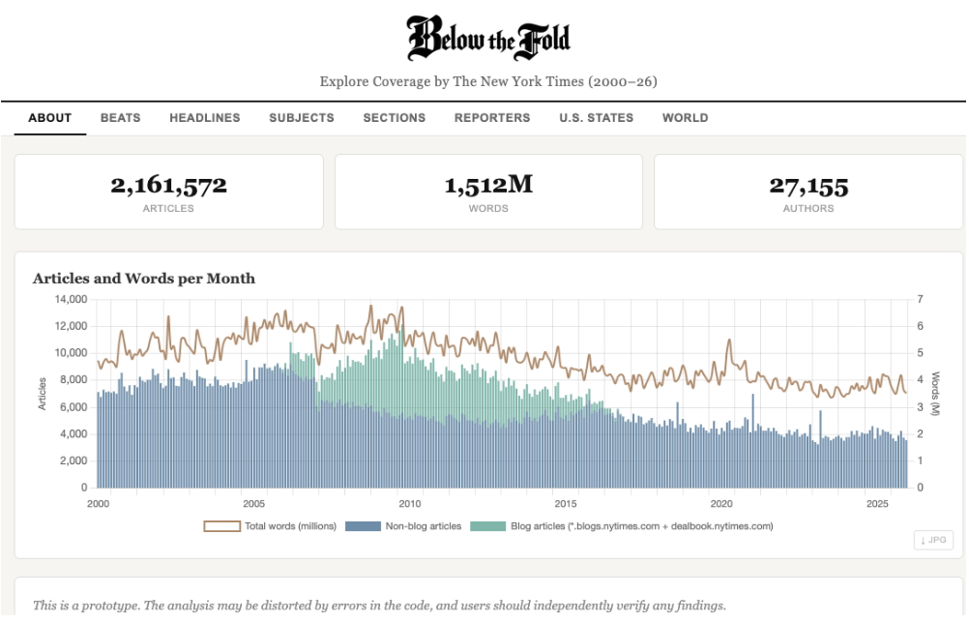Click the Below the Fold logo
point(488,39)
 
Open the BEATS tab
point(120,118)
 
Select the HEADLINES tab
point(204,118)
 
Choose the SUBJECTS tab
point(302,118)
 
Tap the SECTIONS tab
point(394,118)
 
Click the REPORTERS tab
point(492,118)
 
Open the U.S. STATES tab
point(596,118)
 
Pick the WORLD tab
point(685,118)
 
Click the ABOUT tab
point(50,118)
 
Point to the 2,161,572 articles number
point(168,185)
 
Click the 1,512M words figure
point(488,185)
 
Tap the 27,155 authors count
point(808,185)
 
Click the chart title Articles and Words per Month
point(144,279)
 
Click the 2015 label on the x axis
point(566,504)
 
